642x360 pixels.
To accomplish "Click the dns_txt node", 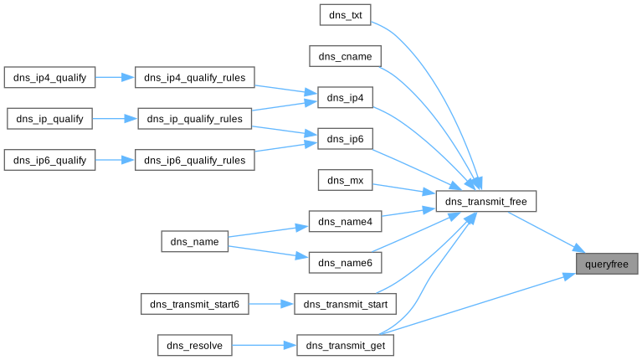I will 345,15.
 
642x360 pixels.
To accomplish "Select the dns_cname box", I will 345,56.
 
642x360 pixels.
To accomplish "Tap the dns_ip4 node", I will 345,97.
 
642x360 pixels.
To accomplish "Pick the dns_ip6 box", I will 345,138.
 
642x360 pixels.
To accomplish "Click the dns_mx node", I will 345,180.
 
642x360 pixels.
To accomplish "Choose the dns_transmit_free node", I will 485,201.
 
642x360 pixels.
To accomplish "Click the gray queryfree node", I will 607,263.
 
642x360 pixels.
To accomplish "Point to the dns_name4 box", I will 345,221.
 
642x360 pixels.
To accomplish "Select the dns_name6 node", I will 345,262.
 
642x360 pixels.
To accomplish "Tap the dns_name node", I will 194,242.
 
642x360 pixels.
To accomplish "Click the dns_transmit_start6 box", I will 195,304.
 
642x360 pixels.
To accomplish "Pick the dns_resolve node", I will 194,345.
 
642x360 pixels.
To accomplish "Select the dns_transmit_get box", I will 345,345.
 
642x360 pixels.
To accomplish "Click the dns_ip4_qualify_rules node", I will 195,77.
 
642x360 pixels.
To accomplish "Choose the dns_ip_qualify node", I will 50,118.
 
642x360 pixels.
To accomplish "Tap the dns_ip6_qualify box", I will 50,159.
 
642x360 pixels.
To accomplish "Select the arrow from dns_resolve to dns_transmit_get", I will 264,345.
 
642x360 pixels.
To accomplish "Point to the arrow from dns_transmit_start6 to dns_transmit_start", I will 272,304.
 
